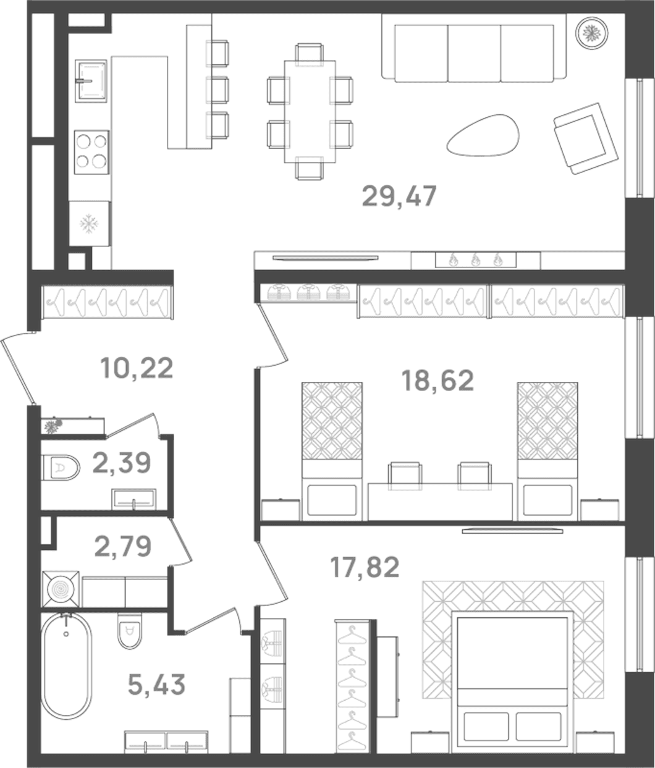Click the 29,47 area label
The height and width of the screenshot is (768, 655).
(399, 196)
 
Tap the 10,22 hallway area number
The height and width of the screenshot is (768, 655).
(137, 368)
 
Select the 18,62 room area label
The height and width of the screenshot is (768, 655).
(437, 381)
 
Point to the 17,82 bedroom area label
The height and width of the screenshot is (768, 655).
(365, 567)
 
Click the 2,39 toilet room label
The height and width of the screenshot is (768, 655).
(122, 463)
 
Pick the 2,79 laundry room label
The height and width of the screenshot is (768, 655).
(123, 546)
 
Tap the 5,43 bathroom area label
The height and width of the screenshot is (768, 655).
(156, 685)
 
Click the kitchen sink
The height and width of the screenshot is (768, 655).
(91, 80)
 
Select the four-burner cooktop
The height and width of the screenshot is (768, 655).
(91, 152)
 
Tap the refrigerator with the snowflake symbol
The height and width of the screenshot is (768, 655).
(90, 223)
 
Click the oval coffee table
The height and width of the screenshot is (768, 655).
(483, 135)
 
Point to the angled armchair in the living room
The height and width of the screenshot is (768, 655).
(586, 138)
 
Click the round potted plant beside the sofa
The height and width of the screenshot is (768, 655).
(592, 33)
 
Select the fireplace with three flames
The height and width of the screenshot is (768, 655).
(476, 260)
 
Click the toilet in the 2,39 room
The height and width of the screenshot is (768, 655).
(61, 468)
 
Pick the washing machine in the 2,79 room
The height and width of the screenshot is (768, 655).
(61, 589)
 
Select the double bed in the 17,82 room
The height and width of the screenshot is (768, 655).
(513, 678)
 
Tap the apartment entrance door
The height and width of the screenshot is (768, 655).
(18, 371)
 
